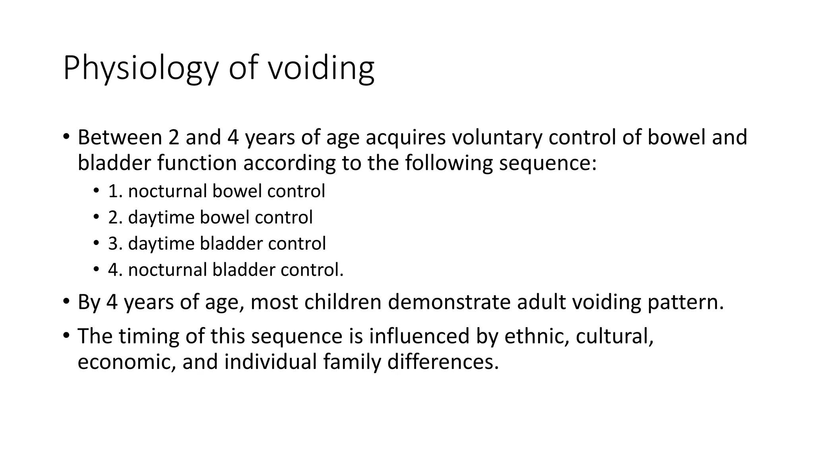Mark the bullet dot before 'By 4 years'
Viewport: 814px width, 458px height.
click(66, 301)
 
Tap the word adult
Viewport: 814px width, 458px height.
click(541, 302)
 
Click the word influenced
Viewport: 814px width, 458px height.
click(419, 336)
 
